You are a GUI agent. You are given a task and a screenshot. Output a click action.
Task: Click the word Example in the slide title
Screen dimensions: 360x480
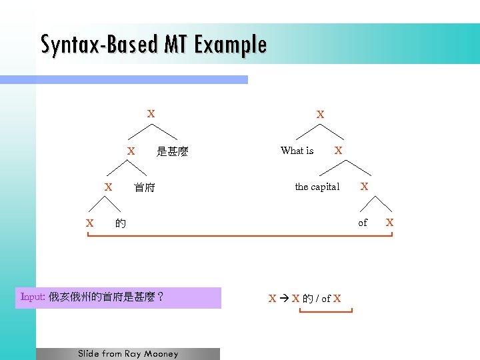click(231, 45)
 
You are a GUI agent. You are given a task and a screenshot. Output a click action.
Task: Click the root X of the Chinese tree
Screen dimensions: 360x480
click(151, 114)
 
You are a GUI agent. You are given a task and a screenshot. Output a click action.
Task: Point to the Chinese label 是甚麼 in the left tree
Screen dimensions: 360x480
click(172, 152)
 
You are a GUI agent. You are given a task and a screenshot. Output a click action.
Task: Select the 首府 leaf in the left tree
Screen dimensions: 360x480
click(144, 188)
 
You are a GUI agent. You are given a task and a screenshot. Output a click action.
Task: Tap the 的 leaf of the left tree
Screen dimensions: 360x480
click(120, 223)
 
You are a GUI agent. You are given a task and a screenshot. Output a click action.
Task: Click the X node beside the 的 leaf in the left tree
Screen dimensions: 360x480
click(89, 223)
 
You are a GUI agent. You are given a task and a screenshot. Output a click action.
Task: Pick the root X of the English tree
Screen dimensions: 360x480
click(321, 115)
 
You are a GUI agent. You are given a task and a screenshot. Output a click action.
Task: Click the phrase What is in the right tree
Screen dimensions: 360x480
click(297, 151)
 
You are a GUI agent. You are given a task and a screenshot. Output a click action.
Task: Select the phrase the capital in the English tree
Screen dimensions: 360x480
click(317, 187)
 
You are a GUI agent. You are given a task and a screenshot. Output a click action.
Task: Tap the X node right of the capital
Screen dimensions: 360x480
click(365, 187)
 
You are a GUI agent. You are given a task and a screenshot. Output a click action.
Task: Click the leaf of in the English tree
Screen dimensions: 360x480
click(363, 223)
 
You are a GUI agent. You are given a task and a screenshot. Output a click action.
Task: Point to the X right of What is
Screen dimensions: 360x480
click(339, 151)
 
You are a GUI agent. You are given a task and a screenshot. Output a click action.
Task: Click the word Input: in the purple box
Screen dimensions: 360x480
click(33, 297)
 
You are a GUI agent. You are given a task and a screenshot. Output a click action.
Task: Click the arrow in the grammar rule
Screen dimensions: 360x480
click(284, 299)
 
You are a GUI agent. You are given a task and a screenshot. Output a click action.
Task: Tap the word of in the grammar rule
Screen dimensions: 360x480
click(326, 299)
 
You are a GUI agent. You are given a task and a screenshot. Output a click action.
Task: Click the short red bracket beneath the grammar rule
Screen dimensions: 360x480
click(325, 311)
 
